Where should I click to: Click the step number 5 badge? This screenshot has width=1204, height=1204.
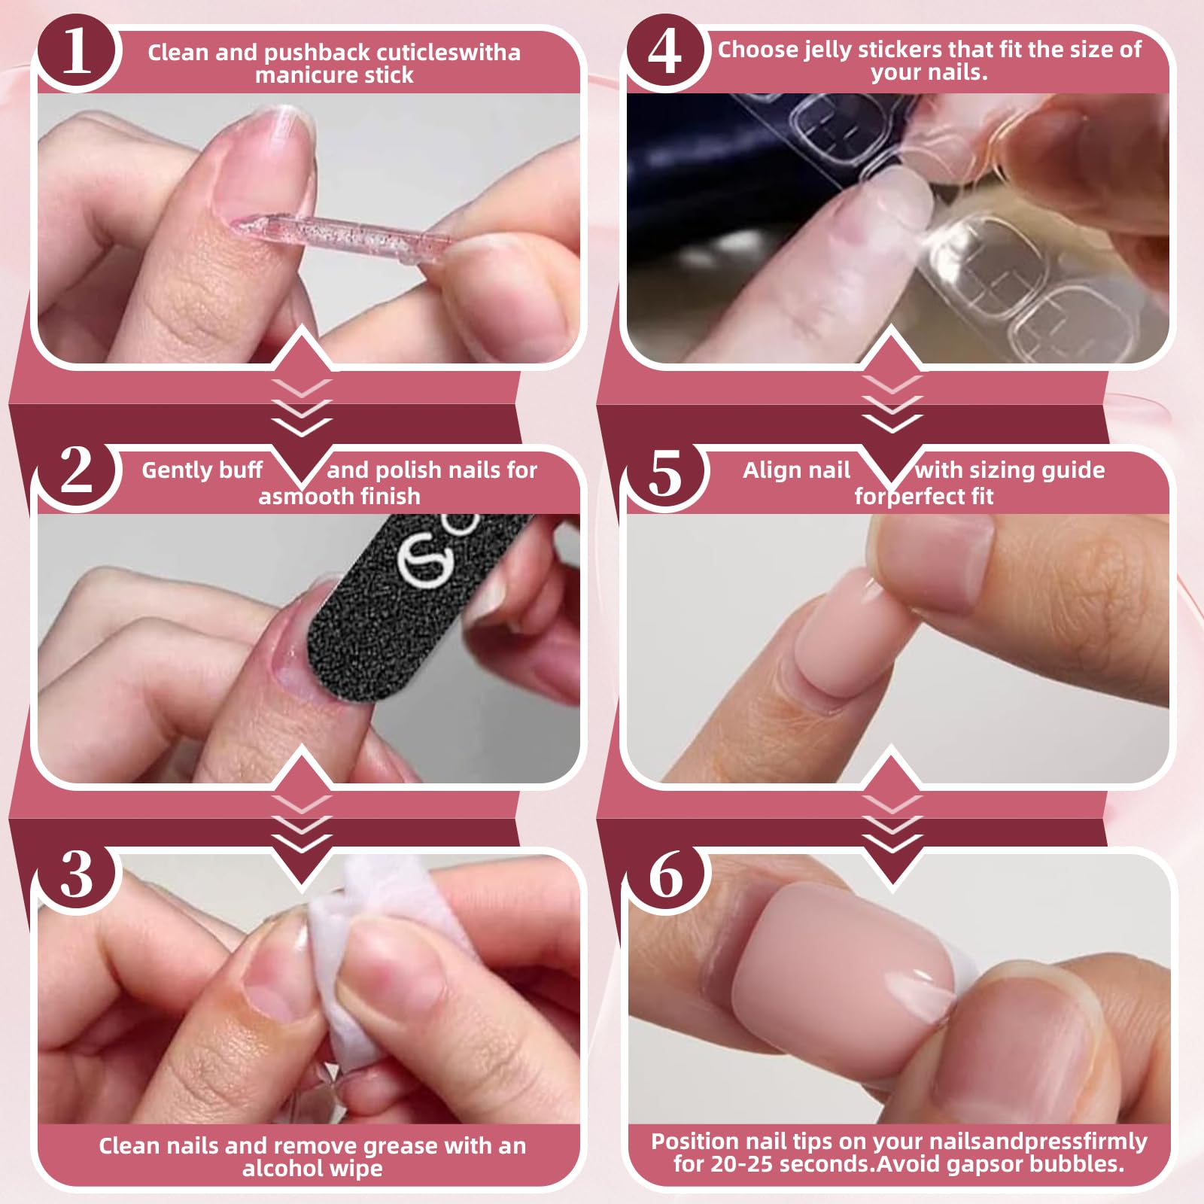665,473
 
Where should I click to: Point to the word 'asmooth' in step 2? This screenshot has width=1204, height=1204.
301,496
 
